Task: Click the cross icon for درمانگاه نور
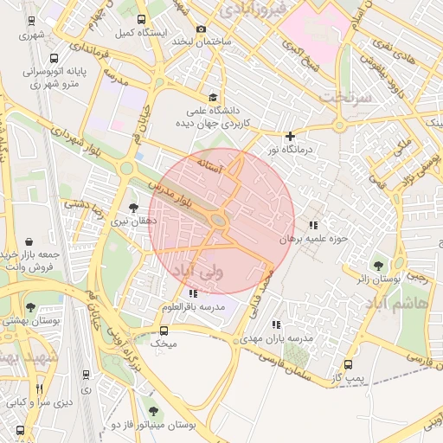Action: click(290, 136)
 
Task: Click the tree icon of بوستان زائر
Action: click(377, 265)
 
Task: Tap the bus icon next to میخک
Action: click(164, 330)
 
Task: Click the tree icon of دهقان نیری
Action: click(133, 208)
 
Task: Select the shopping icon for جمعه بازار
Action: click(31, 241)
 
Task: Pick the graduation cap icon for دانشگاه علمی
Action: click(213, 98)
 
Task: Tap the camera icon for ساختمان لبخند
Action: click(202, 29)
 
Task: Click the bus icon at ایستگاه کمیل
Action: click(140, 19)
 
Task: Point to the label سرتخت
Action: click(346, 96)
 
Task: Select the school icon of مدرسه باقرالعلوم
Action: click(192, 294)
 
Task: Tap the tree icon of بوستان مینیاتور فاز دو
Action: click(153, 412)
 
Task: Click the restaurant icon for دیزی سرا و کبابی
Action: click(36, 388)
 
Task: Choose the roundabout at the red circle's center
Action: click(219, 221)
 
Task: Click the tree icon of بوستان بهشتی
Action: click(30, 307)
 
